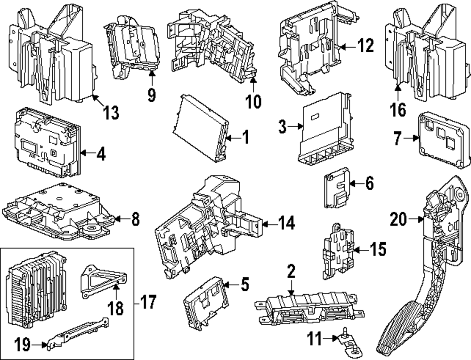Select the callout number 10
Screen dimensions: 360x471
pos(253,100)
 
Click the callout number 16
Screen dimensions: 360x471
pos(398,110)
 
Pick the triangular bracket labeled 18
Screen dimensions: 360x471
pos(101,281)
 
